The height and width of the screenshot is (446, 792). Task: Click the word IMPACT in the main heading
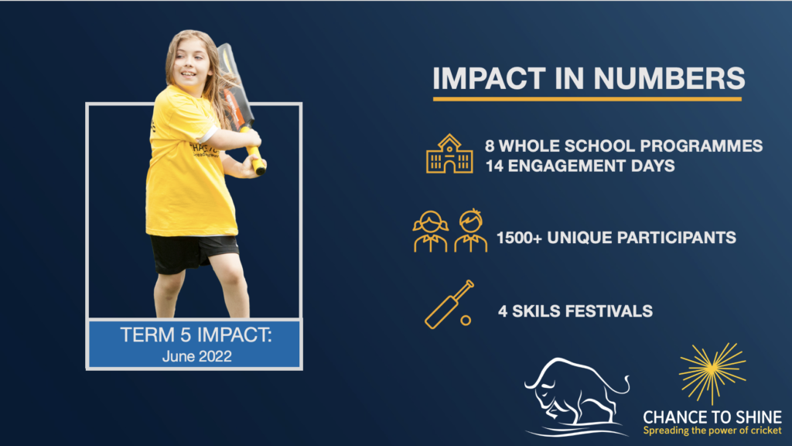(x=489, y=78)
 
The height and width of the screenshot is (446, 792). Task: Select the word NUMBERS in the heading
(x=669, y=78)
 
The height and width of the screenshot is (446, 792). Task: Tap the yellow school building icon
(x=449, y=154)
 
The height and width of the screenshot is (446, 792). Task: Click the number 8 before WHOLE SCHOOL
(x=490, y=146)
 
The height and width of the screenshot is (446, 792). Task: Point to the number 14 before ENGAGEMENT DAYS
(x=494, y=166)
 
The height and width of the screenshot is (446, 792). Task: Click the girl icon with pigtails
(x=430, y=231)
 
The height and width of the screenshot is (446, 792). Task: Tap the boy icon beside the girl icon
(x=470, y=231)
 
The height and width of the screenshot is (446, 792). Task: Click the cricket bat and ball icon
(x=449, y=304)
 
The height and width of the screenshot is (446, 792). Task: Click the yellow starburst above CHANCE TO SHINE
(x=712, y=372)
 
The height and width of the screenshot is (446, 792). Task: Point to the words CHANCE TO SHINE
(x=712, y=417)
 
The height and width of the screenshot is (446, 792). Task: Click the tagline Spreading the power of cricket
(x=712, y=431)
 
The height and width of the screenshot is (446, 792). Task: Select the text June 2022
(x=197, y=356)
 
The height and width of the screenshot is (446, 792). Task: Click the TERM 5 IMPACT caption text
(x=196, y=334)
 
